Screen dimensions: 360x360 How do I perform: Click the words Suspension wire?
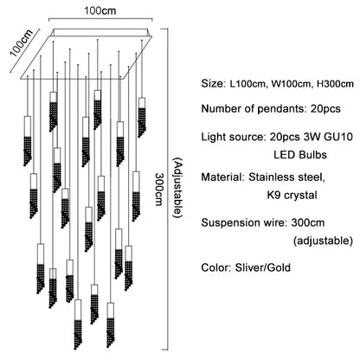(x=241, y=222)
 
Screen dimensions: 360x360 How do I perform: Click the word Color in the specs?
(x=216, y=267)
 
